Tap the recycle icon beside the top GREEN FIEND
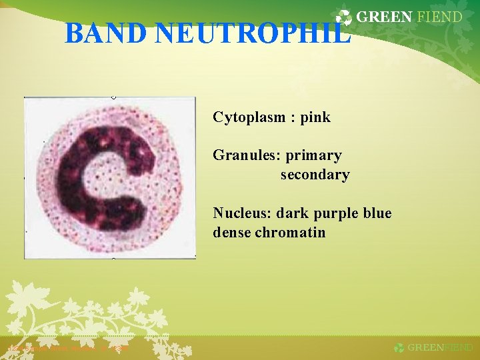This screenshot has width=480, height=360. click(x=344, y=19)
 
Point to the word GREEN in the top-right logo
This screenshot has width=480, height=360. click(x=384, y=17)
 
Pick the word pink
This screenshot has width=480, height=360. click(x=315, y=118)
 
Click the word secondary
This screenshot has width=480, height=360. click(x=315, y=175)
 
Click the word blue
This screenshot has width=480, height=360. click(x=377, y=213)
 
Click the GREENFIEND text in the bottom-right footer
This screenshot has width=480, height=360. click(x=440, y=347)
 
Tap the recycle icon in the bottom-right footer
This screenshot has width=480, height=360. click(x=399, y=347)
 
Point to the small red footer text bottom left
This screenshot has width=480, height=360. click(x=67, y=347)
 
